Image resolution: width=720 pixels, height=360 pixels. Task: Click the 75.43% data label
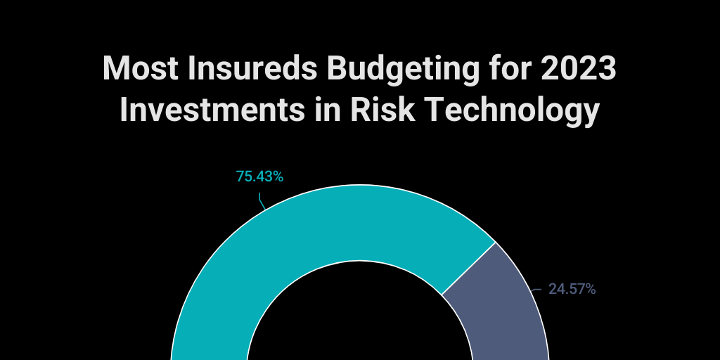(x=259, y=176)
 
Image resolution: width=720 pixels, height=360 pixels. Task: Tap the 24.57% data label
(x=572, y=289)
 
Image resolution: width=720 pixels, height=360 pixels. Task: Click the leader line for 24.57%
(x=536, y=288)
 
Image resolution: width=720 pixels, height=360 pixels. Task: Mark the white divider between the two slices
(x=469, y=269)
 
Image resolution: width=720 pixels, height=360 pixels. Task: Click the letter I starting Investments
(x=124, y=110)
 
